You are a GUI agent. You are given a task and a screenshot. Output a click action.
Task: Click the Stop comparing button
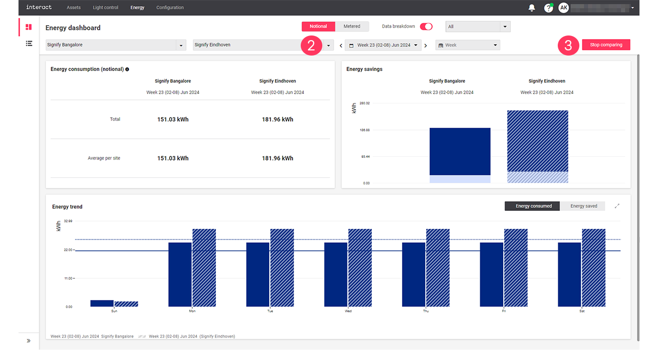coord(606,45)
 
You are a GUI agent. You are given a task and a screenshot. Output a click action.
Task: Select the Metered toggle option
coord(352,26)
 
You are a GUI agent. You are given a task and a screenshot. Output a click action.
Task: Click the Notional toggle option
coord(318,26)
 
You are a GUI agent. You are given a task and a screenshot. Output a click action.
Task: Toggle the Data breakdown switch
coord(426,26)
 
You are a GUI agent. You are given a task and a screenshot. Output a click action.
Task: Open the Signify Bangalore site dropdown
coord(116,45)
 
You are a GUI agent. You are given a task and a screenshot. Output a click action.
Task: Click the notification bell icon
coord(532,8)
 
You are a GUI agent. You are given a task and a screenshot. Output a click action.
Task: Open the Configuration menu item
coord(170,8)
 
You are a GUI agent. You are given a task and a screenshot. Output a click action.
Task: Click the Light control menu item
coord(105,8)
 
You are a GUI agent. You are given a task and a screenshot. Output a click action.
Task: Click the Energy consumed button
coord(534,206)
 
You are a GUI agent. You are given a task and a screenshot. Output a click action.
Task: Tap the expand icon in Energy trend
coord(617,206)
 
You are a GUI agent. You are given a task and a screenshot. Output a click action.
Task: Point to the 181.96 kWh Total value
coord(278,119)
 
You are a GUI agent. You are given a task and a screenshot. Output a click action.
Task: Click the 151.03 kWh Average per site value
coord(173,158)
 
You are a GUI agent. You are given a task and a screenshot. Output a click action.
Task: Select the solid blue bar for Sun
coord(102,303)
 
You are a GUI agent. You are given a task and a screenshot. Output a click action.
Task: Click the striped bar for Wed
coord(360,267)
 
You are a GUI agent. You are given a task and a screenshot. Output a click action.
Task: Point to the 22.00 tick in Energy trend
coord(68,250)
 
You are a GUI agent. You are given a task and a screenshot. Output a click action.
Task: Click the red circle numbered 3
coord(568,45)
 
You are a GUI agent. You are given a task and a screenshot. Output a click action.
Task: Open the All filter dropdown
coord(478,26)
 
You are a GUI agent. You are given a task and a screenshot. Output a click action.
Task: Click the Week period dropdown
coord(467,45)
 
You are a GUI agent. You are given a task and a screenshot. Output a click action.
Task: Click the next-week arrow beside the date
coord(426,45)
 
